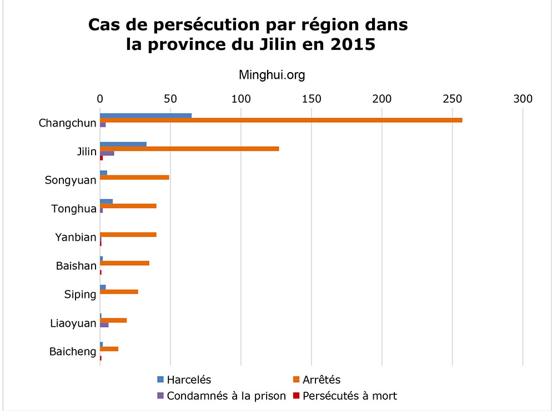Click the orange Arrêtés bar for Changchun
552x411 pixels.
(280, 120)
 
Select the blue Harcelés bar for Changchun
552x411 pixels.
(145, 115)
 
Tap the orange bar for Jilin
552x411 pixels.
(189, 149)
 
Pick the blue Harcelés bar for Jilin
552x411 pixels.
(123, 144)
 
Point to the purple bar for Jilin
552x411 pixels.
(107, 153)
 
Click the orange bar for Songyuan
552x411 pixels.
(134, 177)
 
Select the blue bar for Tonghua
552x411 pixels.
(106, 201)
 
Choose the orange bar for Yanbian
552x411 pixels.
(128, 235)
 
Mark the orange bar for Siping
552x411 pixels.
(118, 292)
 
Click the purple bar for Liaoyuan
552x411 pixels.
(104, 325)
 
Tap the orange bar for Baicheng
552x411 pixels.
(109, 349)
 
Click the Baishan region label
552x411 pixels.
(76, 266)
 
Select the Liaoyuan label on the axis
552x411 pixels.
(73, 323)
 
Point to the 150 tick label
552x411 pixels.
(312, 99)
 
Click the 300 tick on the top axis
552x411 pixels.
(523, 99)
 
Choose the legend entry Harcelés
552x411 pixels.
(184, 380)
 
